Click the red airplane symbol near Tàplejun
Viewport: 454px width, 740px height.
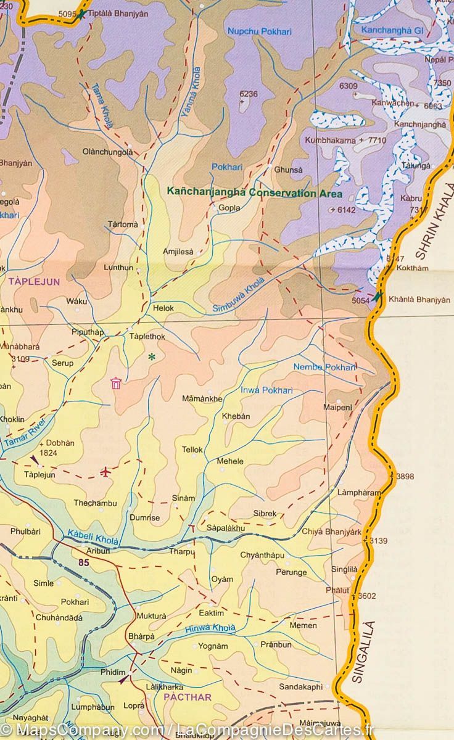[x=105, y=472]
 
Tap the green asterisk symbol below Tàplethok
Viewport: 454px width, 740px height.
[x=152, y=356]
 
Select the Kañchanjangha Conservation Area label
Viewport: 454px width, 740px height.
[x=254, y=192]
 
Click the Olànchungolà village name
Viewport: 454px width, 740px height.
[x=107, y=152]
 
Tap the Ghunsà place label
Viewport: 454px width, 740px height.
[x=289, y=170]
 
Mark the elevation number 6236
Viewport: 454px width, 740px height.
[x=248, y=94]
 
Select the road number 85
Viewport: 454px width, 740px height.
[x=83, y=562]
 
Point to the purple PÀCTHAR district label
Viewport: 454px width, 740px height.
[x=188, y=697]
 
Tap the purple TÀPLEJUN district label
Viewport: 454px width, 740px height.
[x=35, y=281]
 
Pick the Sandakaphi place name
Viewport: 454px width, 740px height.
[x=300, y=686]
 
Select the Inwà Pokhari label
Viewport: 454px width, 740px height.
[x=266, y=390]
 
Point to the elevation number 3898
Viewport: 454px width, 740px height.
[x=405, y=476]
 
